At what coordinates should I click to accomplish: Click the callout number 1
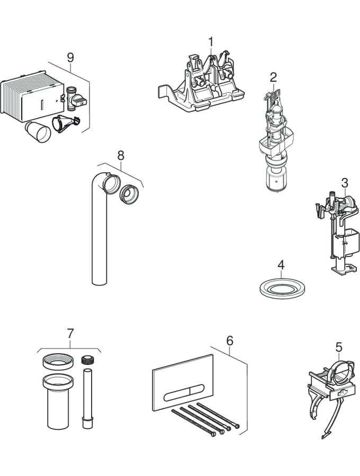coord(211,41)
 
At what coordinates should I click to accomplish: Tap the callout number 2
coord(273,77)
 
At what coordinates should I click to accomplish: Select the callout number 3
coord(345,183)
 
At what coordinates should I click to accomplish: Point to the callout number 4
coord(281,264)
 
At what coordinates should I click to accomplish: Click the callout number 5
coord(339,347)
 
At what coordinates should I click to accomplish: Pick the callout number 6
coord(229,341)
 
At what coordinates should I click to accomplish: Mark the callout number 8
coord(121,155)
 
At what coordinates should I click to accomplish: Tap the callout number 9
coord(70,58)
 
